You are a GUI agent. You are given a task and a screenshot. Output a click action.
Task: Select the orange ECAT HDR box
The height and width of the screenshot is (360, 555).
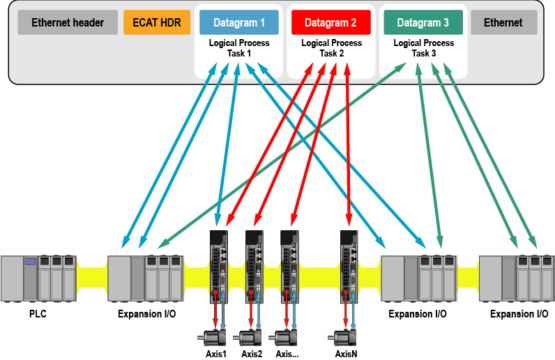(155, 22)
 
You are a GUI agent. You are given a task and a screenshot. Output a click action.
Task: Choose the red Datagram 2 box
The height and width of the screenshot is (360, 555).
(330, 22)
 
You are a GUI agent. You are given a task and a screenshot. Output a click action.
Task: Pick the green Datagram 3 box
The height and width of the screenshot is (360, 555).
(422, 22)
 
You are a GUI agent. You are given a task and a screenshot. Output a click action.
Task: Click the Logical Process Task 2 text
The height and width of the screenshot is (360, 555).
(330, 50)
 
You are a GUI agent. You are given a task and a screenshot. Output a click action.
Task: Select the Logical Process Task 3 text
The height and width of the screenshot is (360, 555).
(422, 50)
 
